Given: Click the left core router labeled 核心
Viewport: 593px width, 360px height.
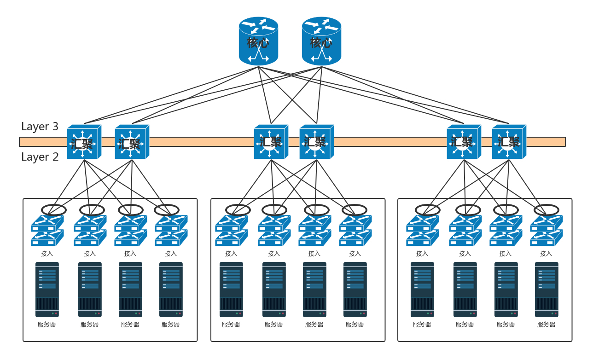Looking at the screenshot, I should [258, 41].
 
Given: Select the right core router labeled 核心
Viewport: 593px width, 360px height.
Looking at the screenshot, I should [321, 41].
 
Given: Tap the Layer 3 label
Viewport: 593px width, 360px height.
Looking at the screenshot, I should [40, 127].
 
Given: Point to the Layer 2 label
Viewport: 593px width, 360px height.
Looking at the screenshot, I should [40, 157].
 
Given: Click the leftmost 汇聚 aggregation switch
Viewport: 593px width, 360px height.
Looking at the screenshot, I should [84, 142].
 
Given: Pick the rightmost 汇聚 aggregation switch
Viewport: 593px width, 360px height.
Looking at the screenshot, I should [509, 142].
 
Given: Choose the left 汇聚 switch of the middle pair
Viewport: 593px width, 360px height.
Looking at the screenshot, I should [271, 142].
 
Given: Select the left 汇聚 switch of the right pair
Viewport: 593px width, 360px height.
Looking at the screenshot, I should [464, 142].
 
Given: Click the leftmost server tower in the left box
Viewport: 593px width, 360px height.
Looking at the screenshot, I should [47, 290].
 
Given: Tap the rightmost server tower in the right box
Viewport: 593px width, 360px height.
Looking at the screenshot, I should [546, 290].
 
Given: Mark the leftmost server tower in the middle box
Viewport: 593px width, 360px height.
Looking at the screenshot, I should [231, 290].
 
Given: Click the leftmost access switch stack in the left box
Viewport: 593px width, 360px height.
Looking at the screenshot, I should [47, 230].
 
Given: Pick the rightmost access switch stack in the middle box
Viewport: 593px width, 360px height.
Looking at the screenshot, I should [355, 230].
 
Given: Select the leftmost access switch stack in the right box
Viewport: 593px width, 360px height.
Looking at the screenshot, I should [422, 230].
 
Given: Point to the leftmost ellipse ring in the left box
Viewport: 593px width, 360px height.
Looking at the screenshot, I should [54, 210].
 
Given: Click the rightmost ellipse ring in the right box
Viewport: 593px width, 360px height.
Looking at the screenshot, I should [546, 210].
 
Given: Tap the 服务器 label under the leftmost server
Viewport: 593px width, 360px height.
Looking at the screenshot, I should [47, 324].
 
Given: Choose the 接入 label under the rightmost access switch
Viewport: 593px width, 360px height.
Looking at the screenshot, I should [546, 253].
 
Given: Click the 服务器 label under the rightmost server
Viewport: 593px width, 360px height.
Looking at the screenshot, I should [546, 324].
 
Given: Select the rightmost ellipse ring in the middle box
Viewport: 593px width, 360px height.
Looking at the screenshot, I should [355, 210].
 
